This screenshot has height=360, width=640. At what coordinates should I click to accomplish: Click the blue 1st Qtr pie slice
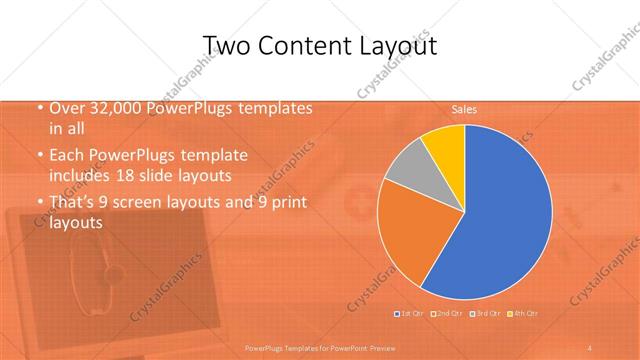point(500,220)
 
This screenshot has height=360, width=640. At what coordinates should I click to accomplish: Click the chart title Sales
point(463,108)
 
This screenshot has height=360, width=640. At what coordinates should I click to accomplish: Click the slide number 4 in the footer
point(590,347)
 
